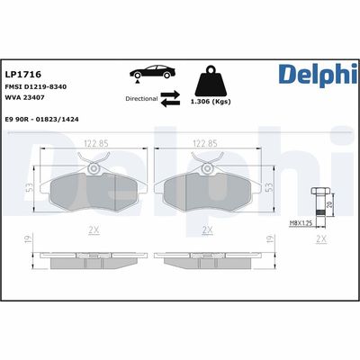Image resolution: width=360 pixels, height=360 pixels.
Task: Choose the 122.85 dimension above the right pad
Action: [208, 142]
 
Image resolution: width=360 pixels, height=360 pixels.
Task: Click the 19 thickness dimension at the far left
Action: [30, 240]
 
